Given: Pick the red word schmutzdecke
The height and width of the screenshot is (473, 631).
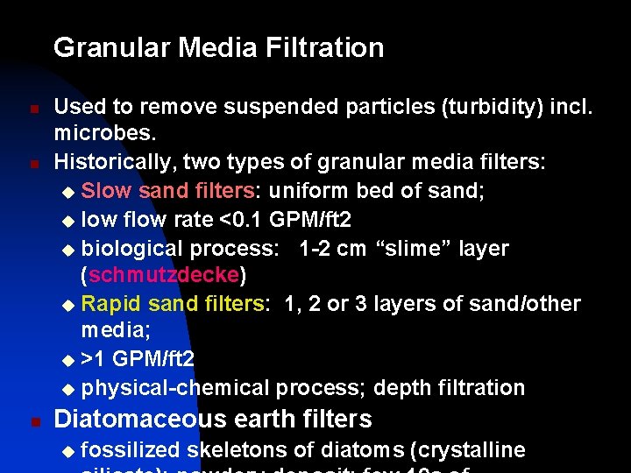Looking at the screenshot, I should coord(163,276).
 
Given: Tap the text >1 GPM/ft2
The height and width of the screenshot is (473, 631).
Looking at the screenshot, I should coord(138,359).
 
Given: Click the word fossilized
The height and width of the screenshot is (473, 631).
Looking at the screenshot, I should coord(131,451).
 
